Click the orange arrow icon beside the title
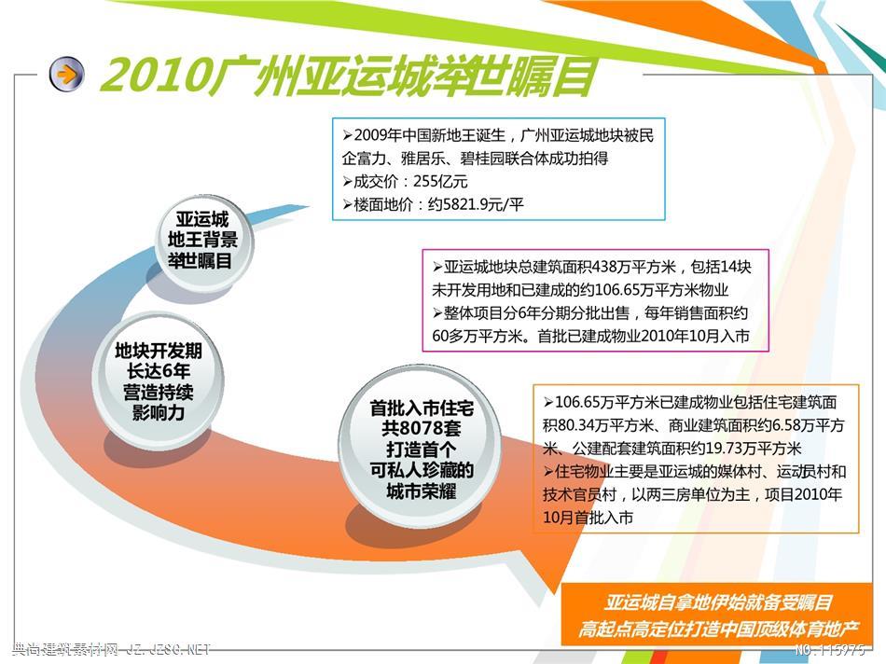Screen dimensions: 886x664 66,74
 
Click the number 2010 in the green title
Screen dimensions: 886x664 154,76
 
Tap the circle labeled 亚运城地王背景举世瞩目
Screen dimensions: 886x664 203,241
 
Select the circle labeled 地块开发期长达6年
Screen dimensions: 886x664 158,380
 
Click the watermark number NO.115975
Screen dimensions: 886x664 829,650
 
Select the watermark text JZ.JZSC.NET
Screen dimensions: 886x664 168,650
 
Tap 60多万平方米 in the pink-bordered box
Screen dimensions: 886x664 477,337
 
